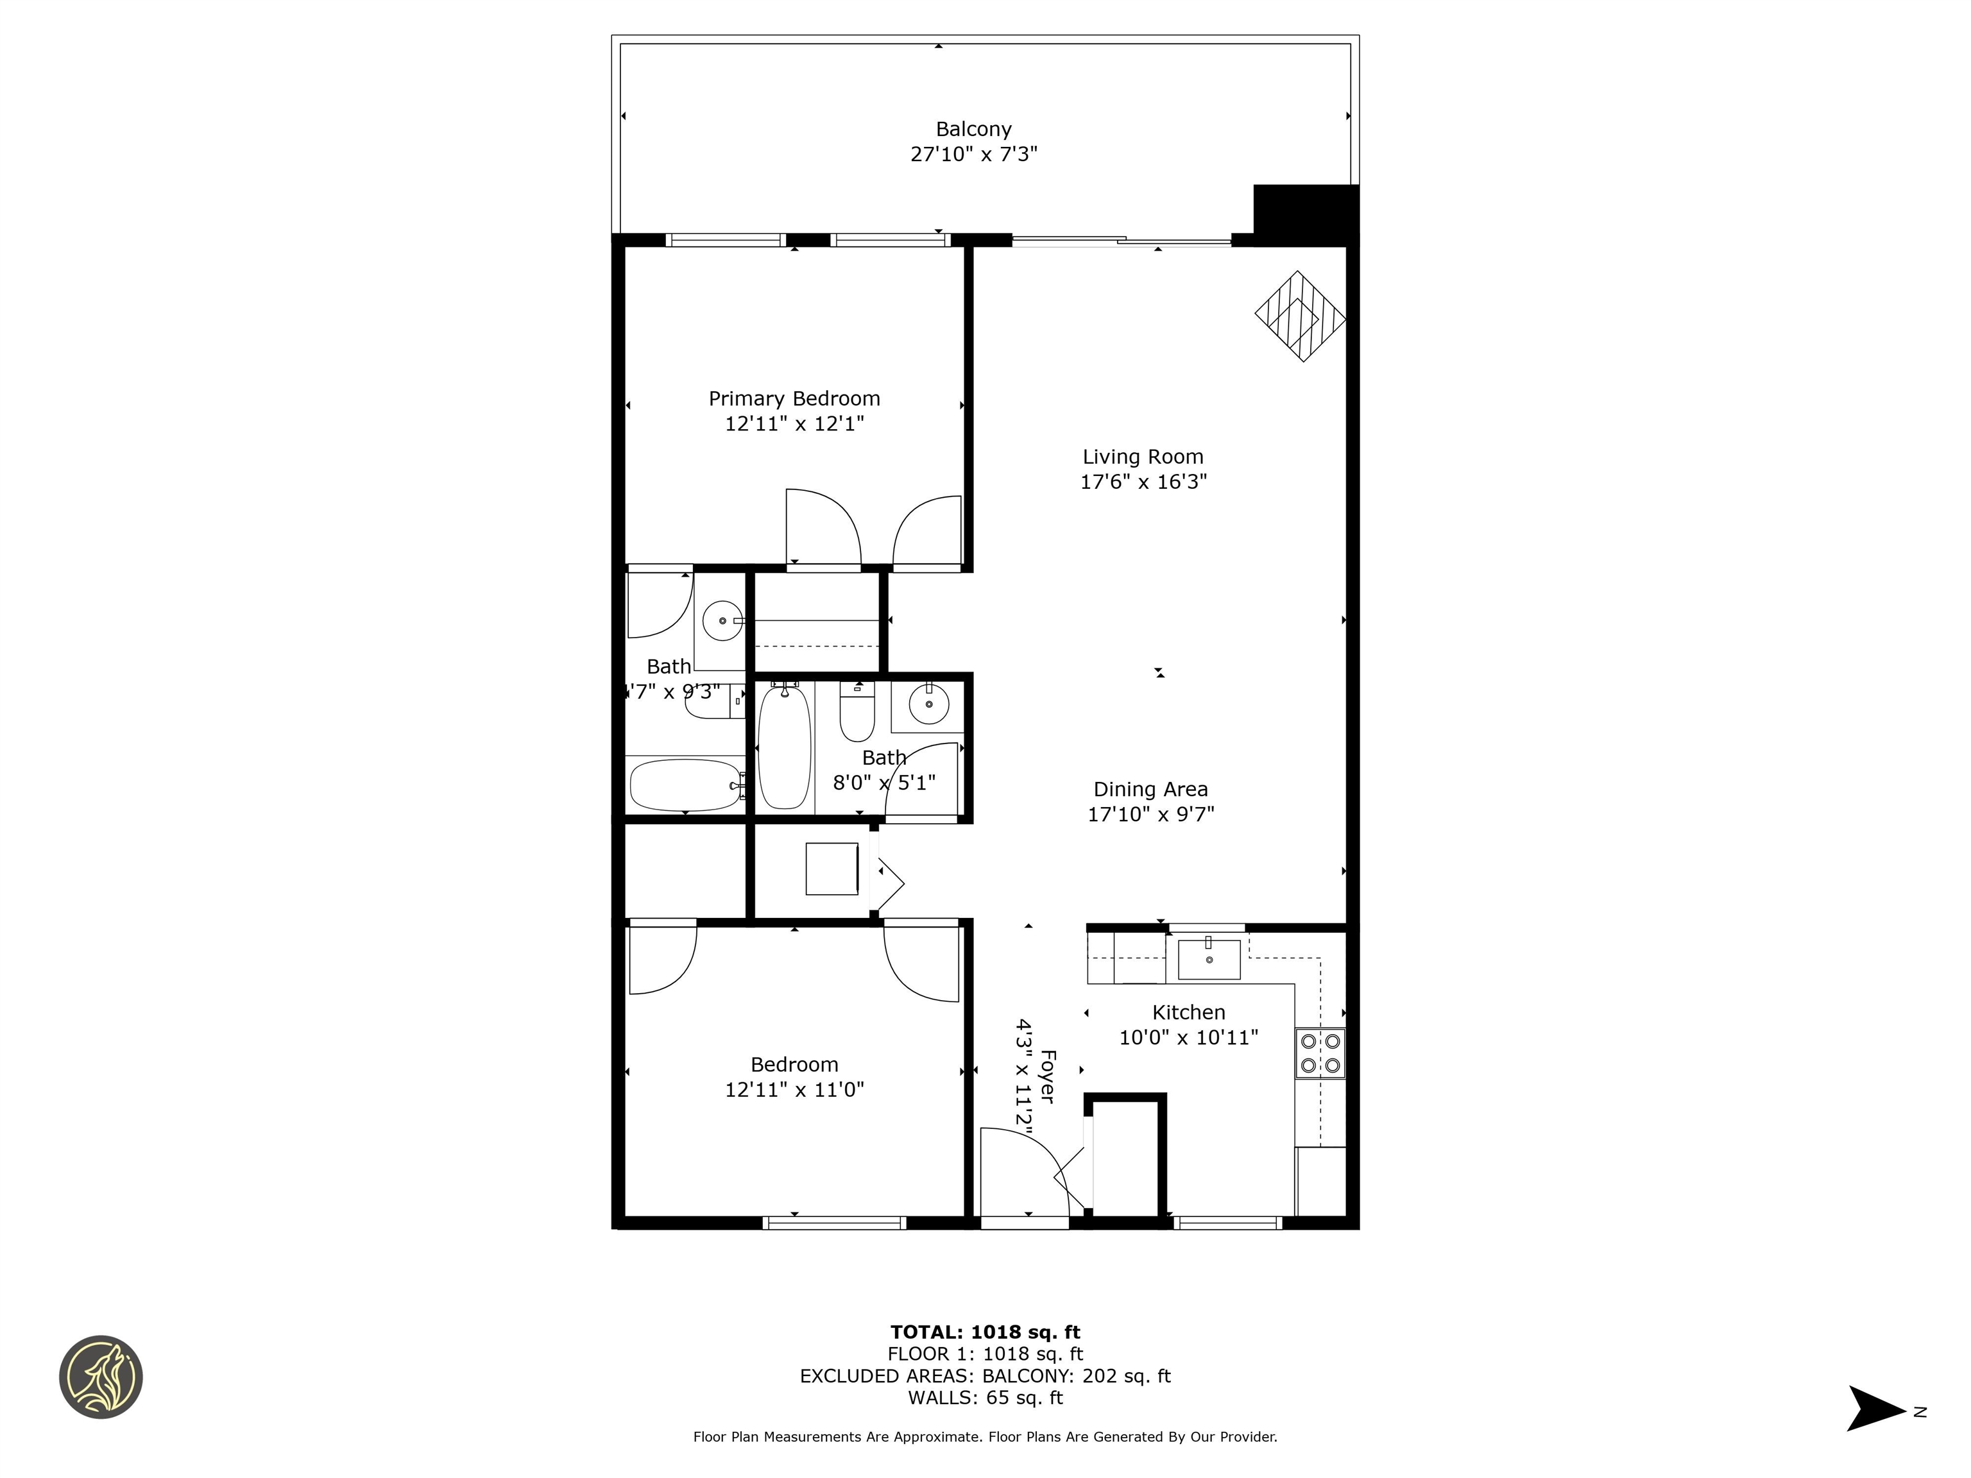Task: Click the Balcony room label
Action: pos(973,129)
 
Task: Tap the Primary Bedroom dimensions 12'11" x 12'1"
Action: pos(794,423)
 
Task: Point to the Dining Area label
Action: pos(1150,789)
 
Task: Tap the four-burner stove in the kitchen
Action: pos(1320,1053)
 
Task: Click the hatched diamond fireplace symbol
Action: pos(1300,316)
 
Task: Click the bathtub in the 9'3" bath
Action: pos(685,785)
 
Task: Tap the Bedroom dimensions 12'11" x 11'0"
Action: pos(794,1089)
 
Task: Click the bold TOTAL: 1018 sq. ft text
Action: pos(985,1332)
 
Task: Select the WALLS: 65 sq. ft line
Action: pos(985,1398)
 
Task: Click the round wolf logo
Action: pos(101,1377)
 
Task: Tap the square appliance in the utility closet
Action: pos(832,868)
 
